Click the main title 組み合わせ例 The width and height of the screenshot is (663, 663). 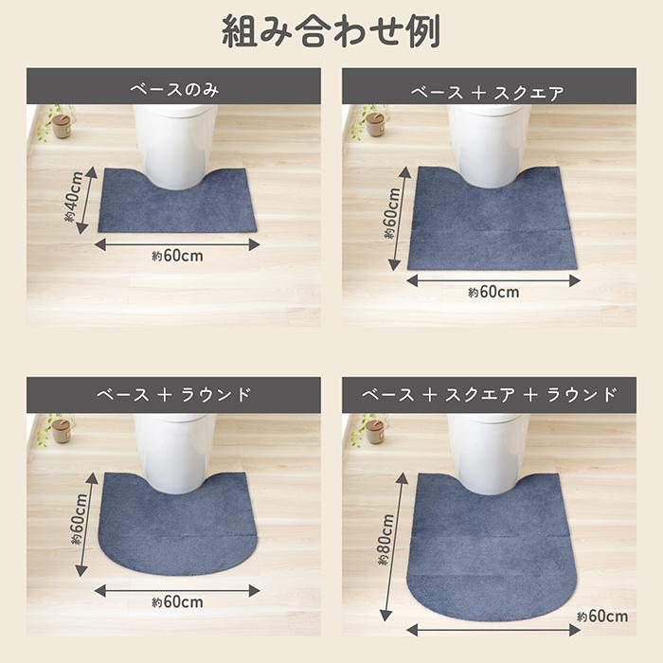331,32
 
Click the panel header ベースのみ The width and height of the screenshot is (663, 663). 173,92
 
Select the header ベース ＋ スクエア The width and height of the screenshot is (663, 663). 488,92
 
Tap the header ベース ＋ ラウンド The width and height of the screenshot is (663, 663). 173,394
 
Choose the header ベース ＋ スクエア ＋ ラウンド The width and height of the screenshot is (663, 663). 489,394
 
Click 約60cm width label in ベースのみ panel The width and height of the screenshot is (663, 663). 177,257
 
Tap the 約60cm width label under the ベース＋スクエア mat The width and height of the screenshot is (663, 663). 493,293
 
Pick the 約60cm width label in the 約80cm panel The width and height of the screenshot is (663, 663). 601,617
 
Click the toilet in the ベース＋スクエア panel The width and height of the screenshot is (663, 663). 489,142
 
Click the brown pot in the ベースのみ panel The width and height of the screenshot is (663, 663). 62,125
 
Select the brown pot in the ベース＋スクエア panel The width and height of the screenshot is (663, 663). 376,124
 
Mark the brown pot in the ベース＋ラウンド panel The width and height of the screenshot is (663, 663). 62,430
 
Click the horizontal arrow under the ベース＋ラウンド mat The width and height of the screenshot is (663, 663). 177,589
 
